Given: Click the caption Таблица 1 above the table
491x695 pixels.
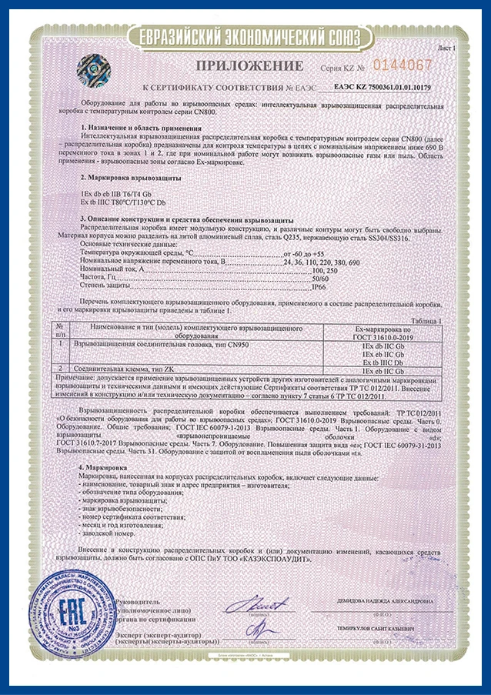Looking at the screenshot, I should (428, 320).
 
